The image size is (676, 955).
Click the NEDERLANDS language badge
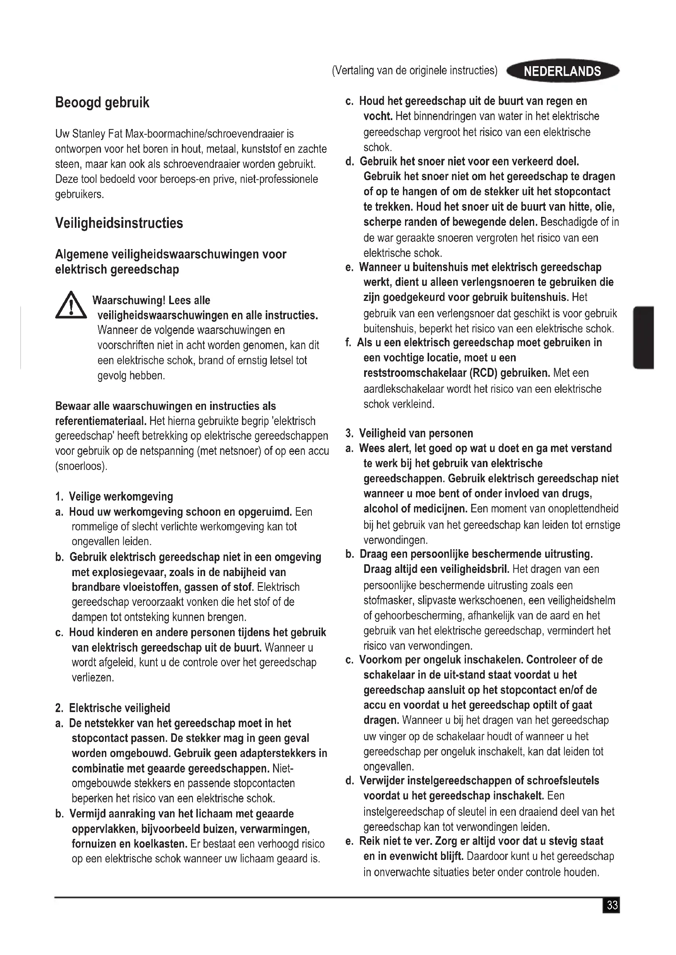[562, 71]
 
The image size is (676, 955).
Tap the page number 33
[611, 906]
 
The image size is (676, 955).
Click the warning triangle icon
[71, 306]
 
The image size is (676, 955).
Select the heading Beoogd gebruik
[102, 102]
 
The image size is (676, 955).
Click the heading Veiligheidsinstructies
[119, 223]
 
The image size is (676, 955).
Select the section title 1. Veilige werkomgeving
[114, 496]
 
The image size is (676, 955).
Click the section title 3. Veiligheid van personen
[410, 434]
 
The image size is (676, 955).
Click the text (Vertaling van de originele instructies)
[414, 71]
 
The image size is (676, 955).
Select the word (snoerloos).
[81, 466]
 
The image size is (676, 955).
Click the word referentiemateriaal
[101, 421]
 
